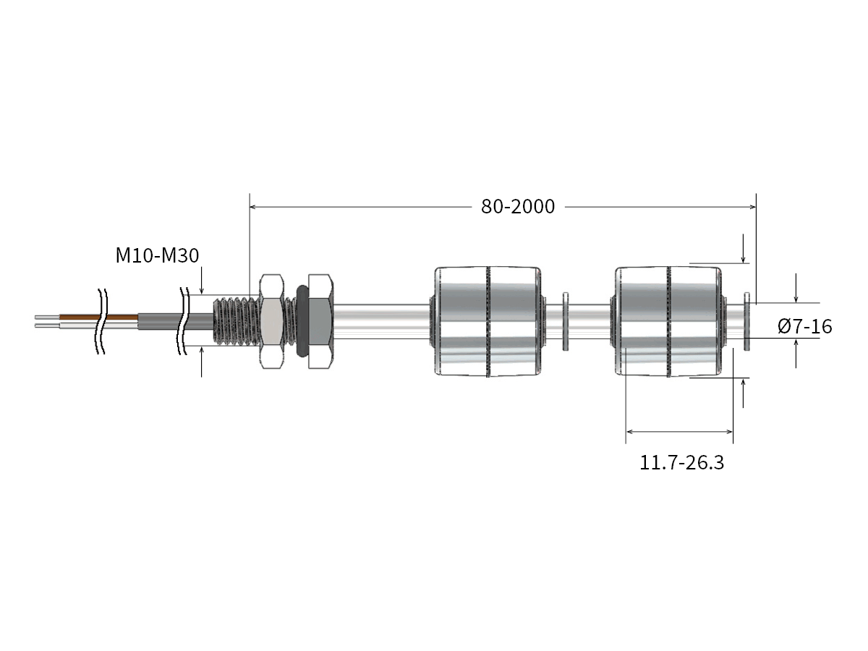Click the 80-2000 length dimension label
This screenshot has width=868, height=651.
[x=518, y=207]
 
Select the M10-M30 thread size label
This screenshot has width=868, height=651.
[x=157, y=256]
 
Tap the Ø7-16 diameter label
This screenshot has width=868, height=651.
[x=805, y=326]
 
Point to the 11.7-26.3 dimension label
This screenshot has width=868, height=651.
[x=681, y=463]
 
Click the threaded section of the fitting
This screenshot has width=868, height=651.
[x=235, y=321]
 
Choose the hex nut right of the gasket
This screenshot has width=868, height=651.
[x=320, y=321]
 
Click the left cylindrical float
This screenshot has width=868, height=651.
[x=488, y=321]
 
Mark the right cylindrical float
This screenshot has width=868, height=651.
[x=668, y=321]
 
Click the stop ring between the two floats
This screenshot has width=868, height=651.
[x=566, y=321]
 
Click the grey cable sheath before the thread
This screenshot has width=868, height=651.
[x=161, y=321]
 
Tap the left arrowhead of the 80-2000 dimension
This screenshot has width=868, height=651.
[x=254, y=207]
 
